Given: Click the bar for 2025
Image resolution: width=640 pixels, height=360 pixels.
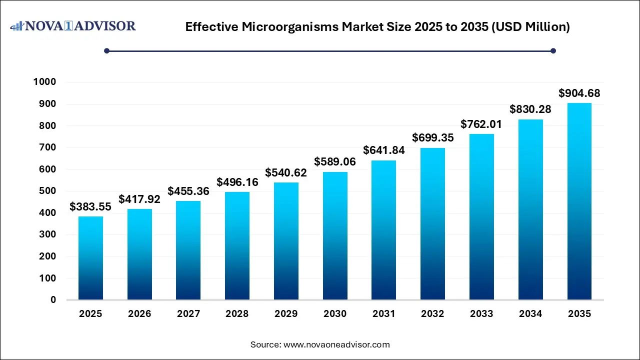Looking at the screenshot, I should coord(90,258).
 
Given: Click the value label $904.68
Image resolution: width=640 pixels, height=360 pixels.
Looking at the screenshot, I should coord(579,93).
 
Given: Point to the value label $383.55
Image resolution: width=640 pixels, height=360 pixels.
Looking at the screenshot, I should coord(90,206).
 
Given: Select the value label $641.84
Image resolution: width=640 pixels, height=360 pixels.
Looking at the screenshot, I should coord(383,150).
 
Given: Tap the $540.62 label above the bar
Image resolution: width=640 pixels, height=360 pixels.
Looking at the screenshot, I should coord(286,172).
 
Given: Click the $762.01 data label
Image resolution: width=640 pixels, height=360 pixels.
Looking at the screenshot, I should coord(481,124).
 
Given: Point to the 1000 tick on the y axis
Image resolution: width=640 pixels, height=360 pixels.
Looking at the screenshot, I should coord(44,82).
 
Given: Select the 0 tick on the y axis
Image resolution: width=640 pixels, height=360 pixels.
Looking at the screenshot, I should coord(53,300).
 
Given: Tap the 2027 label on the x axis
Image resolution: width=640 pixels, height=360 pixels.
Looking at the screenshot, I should coord(188,314).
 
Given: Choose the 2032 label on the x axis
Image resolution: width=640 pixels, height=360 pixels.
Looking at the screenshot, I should coord(432,314).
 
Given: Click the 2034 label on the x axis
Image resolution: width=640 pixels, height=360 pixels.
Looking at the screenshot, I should coord(530,314).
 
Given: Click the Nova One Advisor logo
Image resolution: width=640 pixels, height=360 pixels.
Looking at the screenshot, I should coord(73,26).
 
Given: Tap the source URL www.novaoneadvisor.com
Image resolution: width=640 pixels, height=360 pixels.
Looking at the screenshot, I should coord(336,344).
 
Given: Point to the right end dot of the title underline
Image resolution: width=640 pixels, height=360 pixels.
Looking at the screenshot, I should coord(553,50).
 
